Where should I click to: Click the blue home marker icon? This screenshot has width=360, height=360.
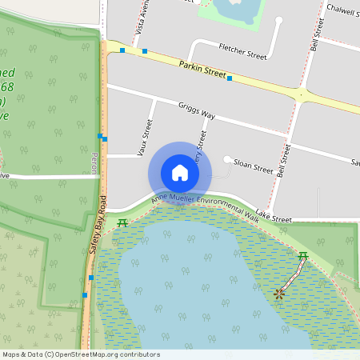[x=180, y=173]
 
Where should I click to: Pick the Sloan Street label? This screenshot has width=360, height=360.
[x=253, y=169]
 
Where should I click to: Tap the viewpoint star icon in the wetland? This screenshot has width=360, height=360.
[x=278, y=294]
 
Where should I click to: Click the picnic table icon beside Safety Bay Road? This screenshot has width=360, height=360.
[x=122, y=222]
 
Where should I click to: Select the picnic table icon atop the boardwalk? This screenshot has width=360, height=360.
[x=302, y=256]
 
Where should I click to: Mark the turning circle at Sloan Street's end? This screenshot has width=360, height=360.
[x=227, y=160]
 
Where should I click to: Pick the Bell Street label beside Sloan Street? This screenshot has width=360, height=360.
[x=282, y=161]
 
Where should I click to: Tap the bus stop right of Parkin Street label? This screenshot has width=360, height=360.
[x=230, y=78]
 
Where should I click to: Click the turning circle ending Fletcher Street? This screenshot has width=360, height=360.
[x=279, y=21]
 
